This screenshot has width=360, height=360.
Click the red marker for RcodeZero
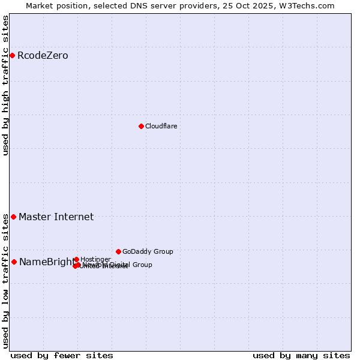pyautogui.click(x=12, y=55)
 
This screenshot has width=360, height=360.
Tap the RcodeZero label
pyautogui.click(x=43, y=56)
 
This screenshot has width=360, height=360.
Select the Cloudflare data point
pyautogui.click(x=141, y=126)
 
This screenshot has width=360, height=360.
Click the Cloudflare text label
pyautogui.click(x=161, y=126)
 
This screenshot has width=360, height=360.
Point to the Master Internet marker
pyautogui.click(x=13, y=217)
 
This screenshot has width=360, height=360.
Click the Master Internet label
pyautogui.click(x=56, y=217)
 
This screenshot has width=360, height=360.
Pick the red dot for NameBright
pyautogui.click(x=14, y=262)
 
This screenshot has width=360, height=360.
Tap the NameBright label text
pyautogui.click(x=46, y=262)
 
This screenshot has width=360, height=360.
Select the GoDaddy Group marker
pyautogui.click(x=118, y=251)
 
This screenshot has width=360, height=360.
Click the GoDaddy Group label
pyautogui.click(x=148, y=251)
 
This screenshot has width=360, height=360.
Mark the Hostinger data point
pyautogui.click(x=76, y=259)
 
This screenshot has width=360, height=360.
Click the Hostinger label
pyautogui.click(x=95, y=259)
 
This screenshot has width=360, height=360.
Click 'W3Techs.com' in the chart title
pyautogui.click(x=308, y=5)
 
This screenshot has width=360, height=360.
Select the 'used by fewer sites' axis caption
pyautogui.click(x=62, y=356)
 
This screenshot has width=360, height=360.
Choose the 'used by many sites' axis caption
pyautogui.click(x=301, y=356)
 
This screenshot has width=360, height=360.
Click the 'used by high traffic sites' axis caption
pyautogui.click(x=5, y=85)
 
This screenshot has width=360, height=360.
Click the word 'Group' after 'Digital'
pyautogui.click(x=142, y=265)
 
